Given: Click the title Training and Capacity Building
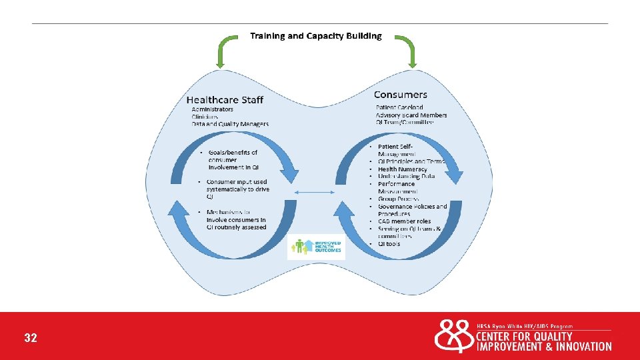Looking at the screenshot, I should tap(316, 36).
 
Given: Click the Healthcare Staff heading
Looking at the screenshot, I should tap(225, 100).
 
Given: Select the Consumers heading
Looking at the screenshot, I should tap(401, 95).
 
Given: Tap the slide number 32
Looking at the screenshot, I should tap(31, 338).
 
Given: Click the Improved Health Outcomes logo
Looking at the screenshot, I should tap(317, 247).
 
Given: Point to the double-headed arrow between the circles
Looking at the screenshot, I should tap(317, 193).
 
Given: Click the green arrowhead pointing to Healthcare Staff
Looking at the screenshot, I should tap(220, 64).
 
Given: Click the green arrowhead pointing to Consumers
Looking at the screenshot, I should tap(413, 64).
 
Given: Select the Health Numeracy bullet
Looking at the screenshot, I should tap(402, 169).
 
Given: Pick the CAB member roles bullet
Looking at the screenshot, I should tap(404, 221).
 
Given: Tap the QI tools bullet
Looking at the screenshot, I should tap(389, 243).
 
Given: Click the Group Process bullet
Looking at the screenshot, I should tap(399, 199).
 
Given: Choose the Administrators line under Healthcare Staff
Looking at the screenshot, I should tap(212, 109).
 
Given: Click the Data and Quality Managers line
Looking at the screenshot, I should tap(230, 124).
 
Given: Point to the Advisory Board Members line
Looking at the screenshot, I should tap(411, 115).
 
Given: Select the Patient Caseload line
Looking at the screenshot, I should tap(399, 107).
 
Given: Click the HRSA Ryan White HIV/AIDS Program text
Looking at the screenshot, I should tap(525, 325).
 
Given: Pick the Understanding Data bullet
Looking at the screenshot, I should tap(406, 177).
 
